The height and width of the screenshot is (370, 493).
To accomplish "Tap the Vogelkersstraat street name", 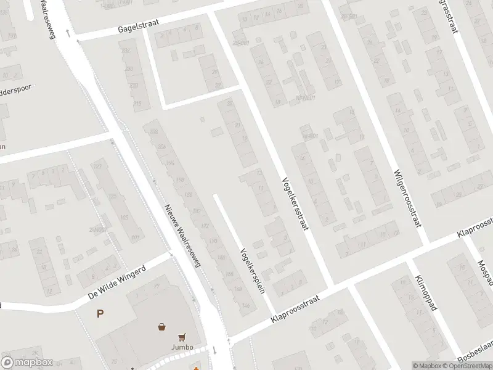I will (295, 203).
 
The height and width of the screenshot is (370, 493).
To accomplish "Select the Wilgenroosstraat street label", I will (407, 197).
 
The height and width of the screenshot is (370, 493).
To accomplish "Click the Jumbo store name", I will (182, 347).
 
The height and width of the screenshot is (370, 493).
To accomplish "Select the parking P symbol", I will (100, 314).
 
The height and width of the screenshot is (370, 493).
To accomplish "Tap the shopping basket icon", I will (162, 326).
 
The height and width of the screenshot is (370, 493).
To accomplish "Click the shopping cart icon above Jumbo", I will (182, 337).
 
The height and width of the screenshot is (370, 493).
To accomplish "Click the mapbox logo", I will (26, 363).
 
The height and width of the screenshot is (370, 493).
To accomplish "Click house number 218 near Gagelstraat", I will (137, 102).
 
